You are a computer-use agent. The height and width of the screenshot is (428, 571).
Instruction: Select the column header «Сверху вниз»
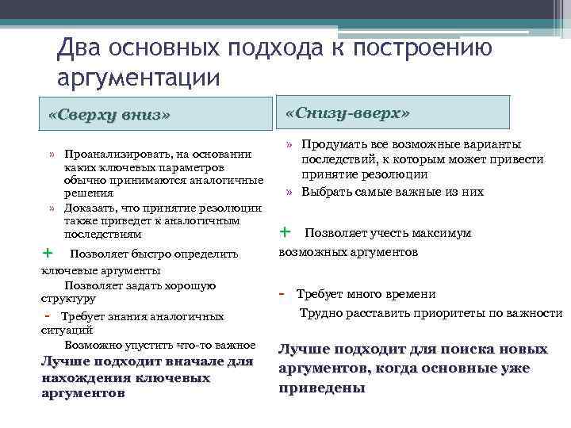pos(109,115)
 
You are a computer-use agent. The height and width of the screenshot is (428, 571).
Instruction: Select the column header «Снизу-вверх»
pos(347,113)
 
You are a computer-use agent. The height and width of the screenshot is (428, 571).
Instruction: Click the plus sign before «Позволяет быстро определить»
pos(47,253)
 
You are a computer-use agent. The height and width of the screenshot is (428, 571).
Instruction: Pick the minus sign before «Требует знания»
pos(47,316)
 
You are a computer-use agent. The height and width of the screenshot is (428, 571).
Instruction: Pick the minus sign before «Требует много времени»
pos(283,293)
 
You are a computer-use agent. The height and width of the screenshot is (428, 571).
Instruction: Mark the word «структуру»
pos(68,299)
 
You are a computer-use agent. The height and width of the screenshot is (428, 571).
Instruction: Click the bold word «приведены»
pos(322,388)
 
